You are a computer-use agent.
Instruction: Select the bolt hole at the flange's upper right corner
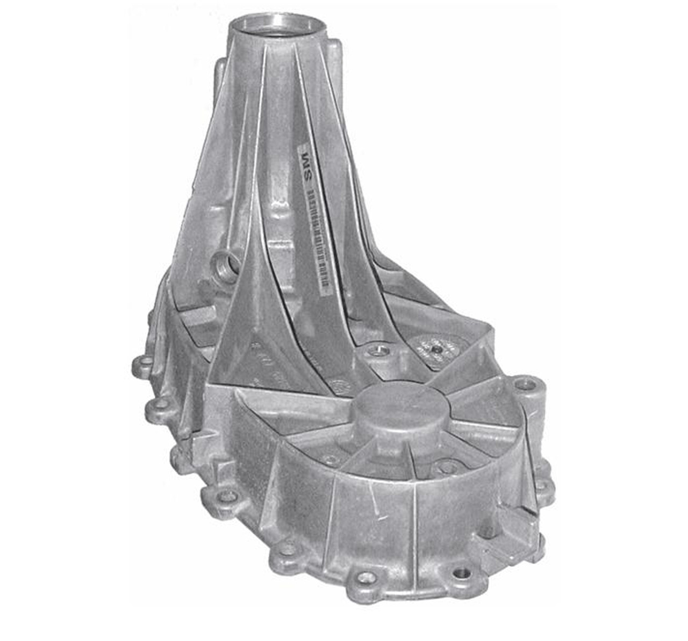point(524,384)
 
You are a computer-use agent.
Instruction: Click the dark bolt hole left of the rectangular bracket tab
point(461,573)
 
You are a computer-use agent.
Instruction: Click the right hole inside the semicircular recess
point(442,465)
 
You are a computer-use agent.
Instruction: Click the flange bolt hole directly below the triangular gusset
point(228,496)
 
